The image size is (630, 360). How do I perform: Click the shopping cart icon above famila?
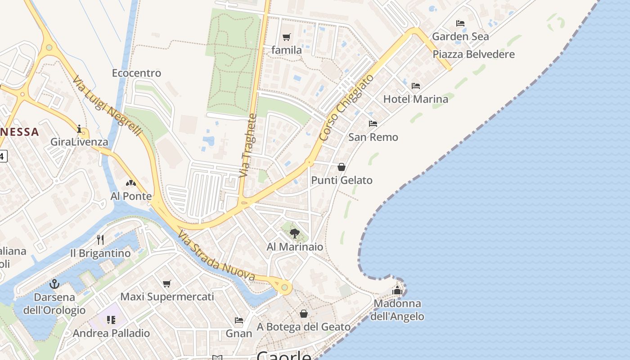[287, 37]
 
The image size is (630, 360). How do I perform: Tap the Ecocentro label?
[136, 73]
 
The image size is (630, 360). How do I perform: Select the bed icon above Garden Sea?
[460, 23]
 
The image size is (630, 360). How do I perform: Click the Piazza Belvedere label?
[473, 54]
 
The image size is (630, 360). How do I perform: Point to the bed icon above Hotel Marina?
[416, 85]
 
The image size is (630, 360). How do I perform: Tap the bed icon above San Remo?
[373, 124]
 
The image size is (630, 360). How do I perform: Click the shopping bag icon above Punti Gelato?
[342, 167]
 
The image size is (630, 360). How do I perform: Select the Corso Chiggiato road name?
[346, 108]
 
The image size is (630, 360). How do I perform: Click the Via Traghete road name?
[248, 145]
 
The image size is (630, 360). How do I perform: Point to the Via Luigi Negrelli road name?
[108, 106]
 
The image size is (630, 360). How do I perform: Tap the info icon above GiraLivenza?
[80, 129]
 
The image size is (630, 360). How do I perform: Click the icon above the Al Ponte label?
[131, 183]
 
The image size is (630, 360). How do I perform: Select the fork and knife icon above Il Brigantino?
[100, 240]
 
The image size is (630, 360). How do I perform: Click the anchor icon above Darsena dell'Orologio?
[54, 284]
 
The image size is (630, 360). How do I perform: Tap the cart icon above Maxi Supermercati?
[167, 283]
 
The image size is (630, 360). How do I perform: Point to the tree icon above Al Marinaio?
[295, 233]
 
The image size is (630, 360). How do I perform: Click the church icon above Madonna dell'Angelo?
[397, 290]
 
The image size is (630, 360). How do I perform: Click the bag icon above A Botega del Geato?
[304, 314]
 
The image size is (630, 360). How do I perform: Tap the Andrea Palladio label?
[111, 333]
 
